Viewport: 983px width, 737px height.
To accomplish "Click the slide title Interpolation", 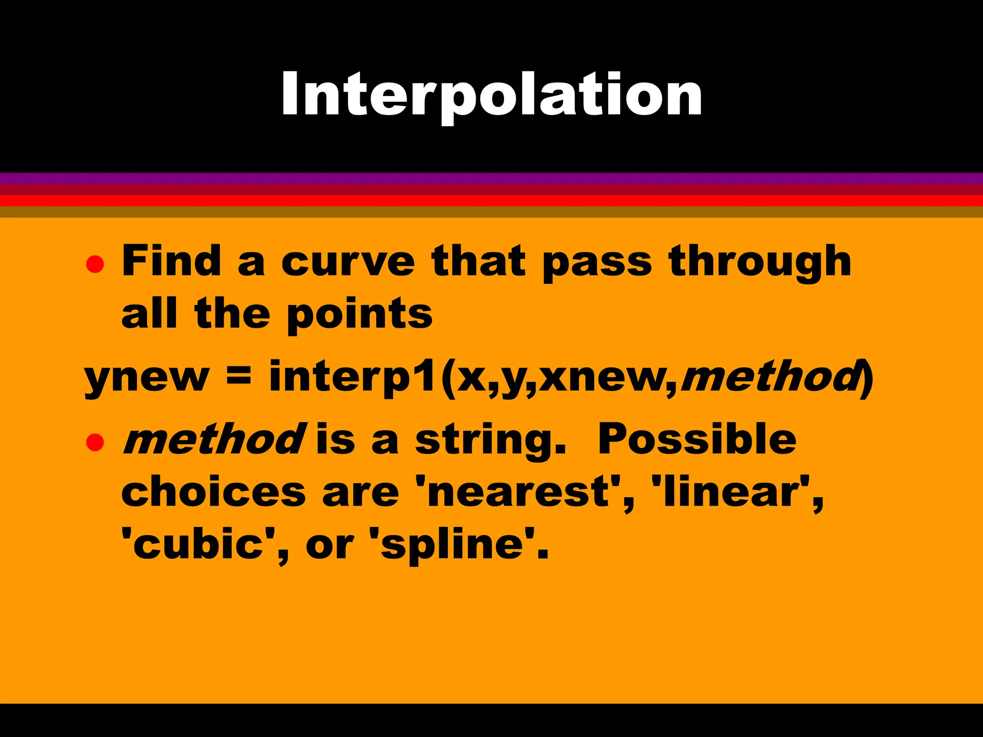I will [491, 95].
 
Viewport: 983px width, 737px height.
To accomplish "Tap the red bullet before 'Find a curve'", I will [95, 263].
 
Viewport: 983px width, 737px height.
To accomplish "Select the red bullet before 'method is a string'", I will [95, 442].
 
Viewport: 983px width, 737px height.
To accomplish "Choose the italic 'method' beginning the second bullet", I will [213, 440].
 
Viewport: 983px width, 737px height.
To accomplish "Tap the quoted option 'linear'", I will [729, 492].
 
